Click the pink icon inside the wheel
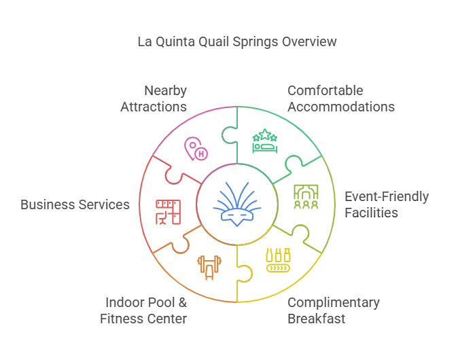pyautogui.click(x=195, y=149)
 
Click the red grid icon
pyautogui.click(x=166, y=212)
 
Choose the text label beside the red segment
pyautogui.click(x=73, y=204)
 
